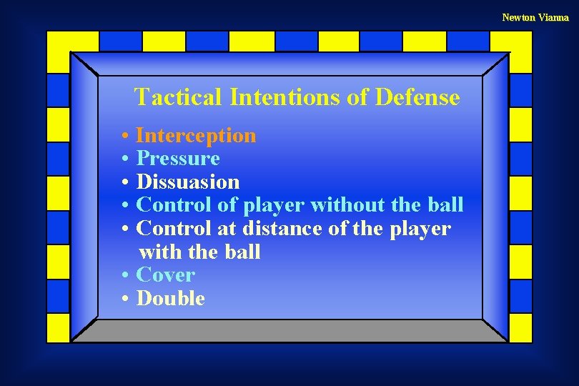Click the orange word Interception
[x=196, y=135]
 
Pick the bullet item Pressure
[x=178, y=158]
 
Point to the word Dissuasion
[x=188, y=182]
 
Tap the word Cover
[x=165, y=274]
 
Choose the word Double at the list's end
[x=170, y=298]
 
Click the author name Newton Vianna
[x=535, y=17]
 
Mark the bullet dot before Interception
[x=125, y=136]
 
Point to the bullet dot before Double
[x=125, y=299]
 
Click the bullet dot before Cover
[x=125, y=275]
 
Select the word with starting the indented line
[x=159, y=252]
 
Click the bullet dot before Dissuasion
[x=125, y=182]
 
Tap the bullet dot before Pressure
[x=125, y=159]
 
